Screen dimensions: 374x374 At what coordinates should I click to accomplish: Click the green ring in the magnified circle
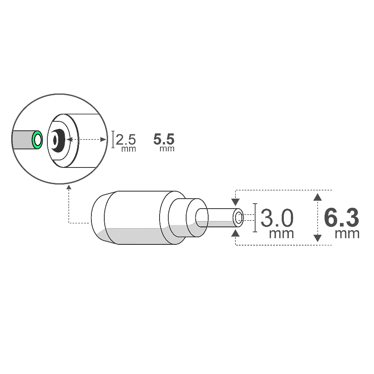[38, 140]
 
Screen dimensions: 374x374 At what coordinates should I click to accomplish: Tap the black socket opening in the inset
[57, 140]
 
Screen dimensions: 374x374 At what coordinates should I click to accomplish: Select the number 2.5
[126, 139]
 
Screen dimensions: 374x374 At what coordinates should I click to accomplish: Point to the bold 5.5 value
[164, 139]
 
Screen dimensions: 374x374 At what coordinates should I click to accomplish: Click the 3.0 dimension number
[277, 218]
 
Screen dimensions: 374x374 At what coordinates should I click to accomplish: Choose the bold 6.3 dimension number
[341, 217]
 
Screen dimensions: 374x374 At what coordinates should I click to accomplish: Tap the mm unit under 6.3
[347, 234]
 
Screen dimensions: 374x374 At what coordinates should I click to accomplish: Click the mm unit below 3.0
[281, 234]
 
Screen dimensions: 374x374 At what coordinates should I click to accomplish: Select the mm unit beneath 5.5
[167, 149]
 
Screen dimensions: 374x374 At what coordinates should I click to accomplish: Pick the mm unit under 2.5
[128, 149]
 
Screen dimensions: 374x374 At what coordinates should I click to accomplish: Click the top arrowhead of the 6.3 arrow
[317, 197]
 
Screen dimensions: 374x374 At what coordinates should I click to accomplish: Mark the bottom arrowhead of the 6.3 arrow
[317, 238]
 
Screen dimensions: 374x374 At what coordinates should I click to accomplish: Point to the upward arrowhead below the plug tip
[236, 233]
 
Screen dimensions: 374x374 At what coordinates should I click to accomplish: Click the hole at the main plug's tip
[239, 217]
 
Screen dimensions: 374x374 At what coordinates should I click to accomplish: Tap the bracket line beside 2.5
[113, 140]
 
